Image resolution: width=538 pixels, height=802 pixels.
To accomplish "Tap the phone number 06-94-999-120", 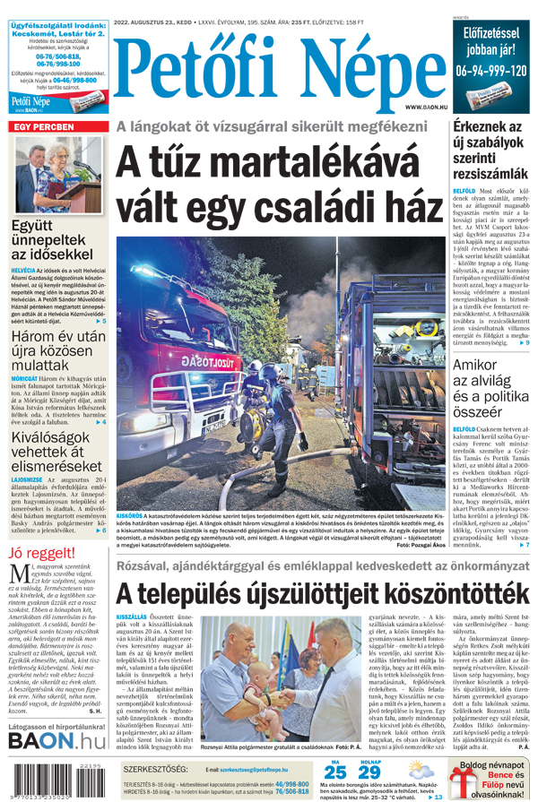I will [x=490, y=70].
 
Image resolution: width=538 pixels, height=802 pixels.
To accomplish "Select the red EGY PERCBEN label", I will [x=42, y=127].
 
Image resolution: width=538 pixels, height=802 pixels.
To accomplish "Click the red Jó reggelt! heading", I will [x=41, y=552].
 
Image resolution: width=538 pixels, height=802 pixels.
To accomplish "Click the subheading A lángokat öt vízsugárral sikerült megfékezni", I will [x=278, y=127].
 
